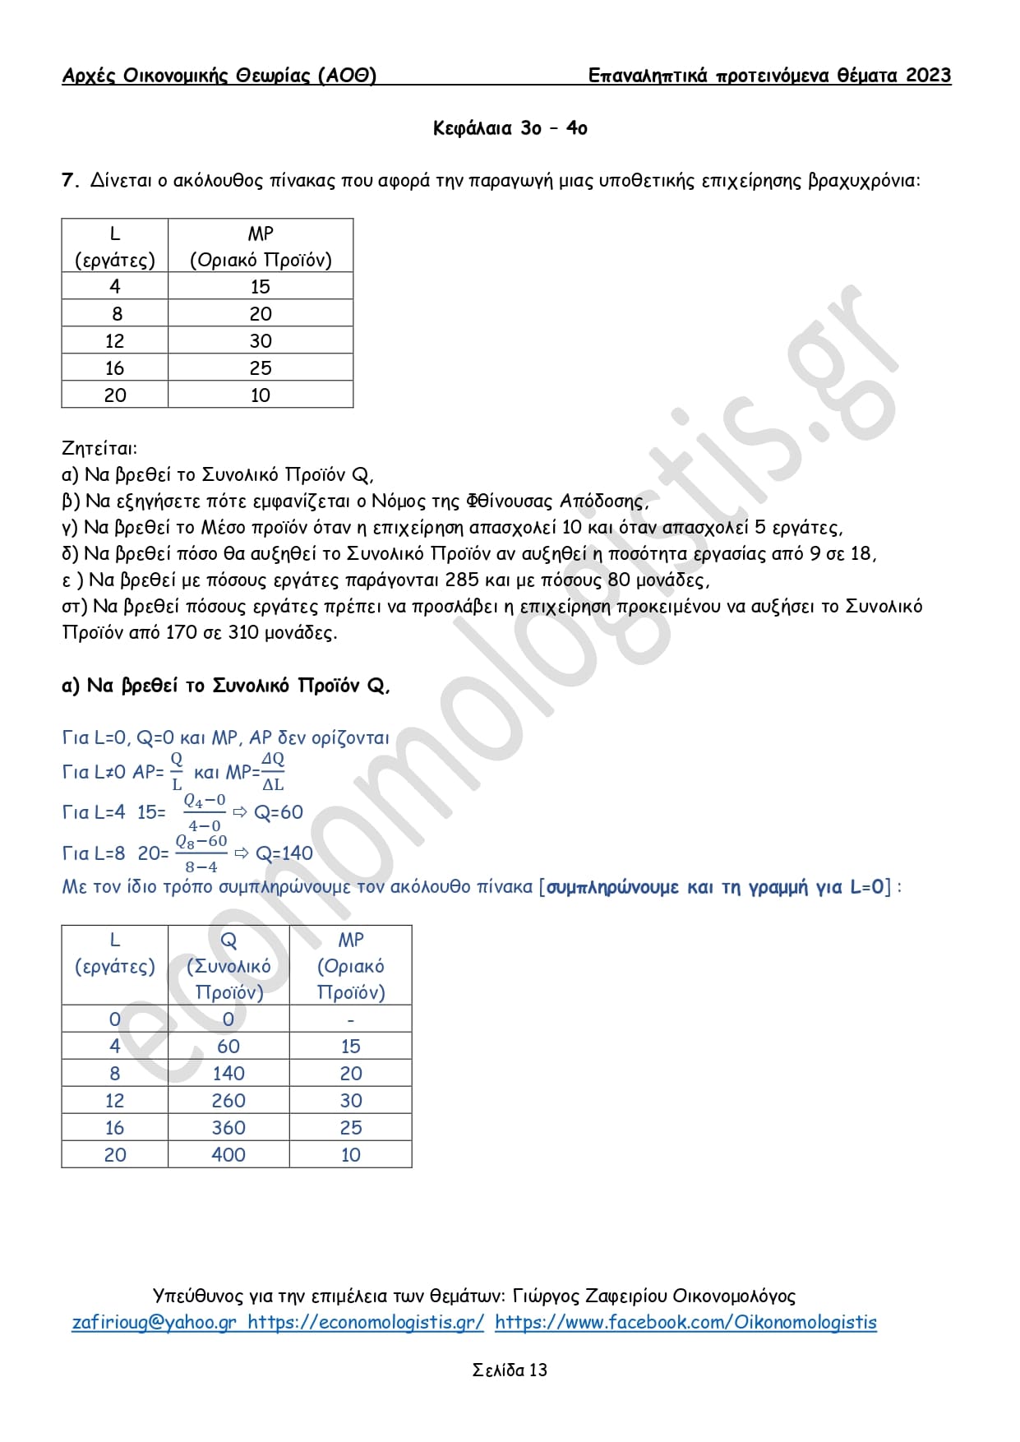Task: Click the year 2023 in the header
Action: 928,76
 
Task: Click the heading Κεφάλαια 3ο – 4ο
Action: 510,128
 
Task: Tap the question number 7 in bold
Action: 69,180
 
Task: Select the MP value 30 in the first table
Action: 261,340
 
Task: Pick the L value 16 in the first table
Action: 115,367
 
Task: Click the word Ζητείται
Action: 99,448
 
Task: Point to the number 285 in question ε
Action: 461,580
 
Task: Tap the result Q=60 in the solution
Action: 278,812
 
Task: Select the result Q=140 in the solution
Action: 284,853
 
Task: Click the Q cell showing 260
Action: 228,1100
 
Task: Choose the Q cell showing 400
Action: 228,1154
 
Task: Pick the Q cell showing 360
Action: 228,1127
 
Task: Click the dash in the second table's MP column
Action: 351,1019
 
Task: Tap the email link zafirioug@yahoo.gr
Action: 154,1322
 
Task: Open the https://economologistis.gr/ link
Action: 366,1322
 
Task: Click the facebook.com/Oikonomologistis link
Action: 685,1322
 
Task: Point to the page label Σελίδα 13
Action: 510,1370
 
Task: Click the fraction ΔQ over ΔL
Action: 273,771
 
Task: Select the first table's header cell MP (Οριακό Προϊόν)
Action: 261,247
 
